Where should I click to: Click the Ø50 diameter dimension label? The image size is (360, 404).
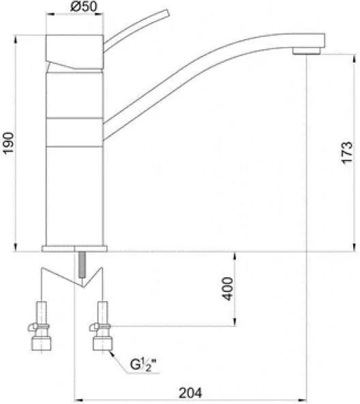tap(84, 7)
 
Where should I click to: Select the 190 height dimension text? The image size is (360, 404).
tap(8, 143)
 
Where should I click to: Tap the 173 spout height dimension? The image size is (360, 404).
tap(347, 153)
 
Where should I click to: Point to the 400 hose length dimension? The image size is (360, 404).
tap(228, 289)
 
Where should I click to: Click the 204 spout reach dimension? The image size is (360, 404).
tap(190, 393)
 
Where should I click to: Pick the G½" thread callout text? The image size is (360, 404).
tap(143, 364)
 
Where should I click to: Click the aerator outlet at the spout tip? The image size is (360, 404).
tap(306, 50)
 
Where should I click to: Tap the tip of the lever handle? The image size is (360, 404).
tap(166, 13)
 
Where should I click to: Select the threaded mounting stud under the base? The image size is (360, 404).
tap(82, 265)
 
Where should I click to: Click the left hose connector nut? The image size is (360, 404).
tap(41, 344)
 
